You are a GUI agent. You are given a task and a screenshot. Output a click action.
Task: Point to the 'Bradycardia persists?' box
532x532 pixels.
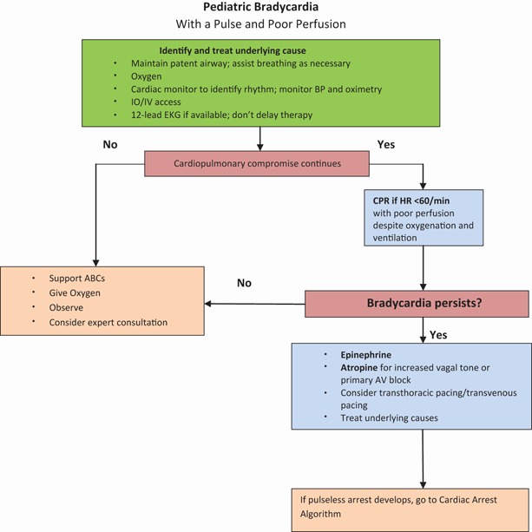(417, 304)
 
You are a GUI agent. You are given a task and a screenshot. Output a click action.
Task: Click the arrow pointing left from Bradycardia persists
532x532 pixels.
(256, 304)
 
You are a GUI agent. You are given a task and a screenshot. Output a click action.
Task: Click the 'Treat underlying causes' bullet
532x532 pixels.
(376, 417)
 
